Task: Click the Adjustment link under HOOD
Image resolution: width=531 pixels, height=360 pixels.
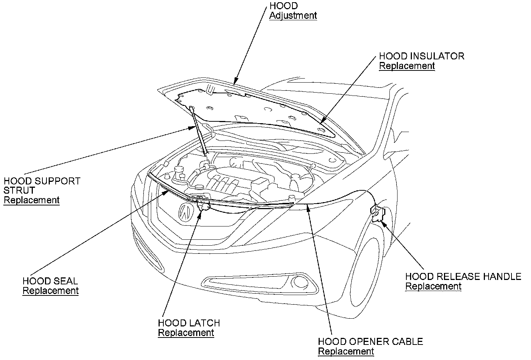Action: (293, 15)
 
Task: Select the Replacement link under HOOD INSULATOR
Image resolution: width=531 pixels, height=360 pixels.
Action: (407, 66)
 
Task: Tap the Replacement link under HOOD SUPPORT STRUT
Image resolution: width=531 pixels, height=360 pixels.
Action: (31, 200)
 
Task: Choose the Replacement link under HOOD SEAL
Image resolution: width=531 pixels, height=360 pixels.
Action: (51, 291)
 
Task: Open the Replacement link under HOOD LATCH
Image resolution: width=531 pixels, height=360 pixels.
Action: (186, 333)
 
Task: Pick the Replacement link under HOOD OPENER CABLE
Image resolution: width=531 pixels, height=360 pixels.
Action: (346, 352)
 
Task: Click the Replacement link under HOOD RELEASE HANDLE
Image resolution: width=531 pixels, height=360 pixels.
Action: (433, 286)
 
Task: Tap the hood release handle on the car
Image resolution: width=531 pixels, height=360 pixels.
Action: (378, 214)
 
